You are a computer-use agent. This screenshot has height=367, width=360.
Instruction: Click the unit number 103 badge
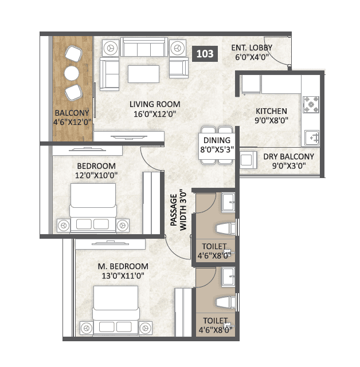tap(205, 54)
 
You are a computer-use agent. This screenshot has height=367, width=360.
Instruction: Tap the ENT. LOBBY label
tap(252, 48)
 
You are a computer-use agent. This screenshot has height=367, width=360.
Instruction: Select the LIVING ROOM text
tap(155, 104)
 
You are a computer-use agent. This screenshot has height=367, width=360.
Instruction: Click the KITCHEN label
tap(272, 111)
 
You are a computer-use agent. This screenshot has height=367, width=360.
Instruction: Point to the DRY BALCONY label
tap(289, 156)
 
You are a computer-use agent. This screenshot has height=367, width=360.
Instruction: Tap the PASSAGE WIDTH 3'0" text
tap(178, 210)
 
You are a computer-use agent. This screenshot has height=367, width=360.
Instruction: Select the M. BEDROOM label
tap(122, 266)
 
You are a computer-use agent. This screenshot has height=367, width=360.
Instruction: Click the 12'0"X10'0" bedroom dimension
tap(95, 175)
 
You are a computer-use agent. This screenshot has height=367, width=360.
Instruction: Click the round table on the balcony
tap(71, 73)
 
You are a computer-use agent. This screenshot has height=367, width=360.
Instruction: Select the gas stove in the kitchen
tap(311, 103)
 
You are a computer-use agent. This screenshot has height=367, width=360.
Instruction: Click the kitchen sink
tap(312, 137)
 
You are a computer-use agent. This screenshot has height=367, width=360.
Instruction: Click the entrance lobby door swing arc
tap(280, 56)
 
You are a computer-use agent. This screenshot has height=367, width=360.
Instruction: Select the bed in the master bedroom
tap(117, 312)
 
